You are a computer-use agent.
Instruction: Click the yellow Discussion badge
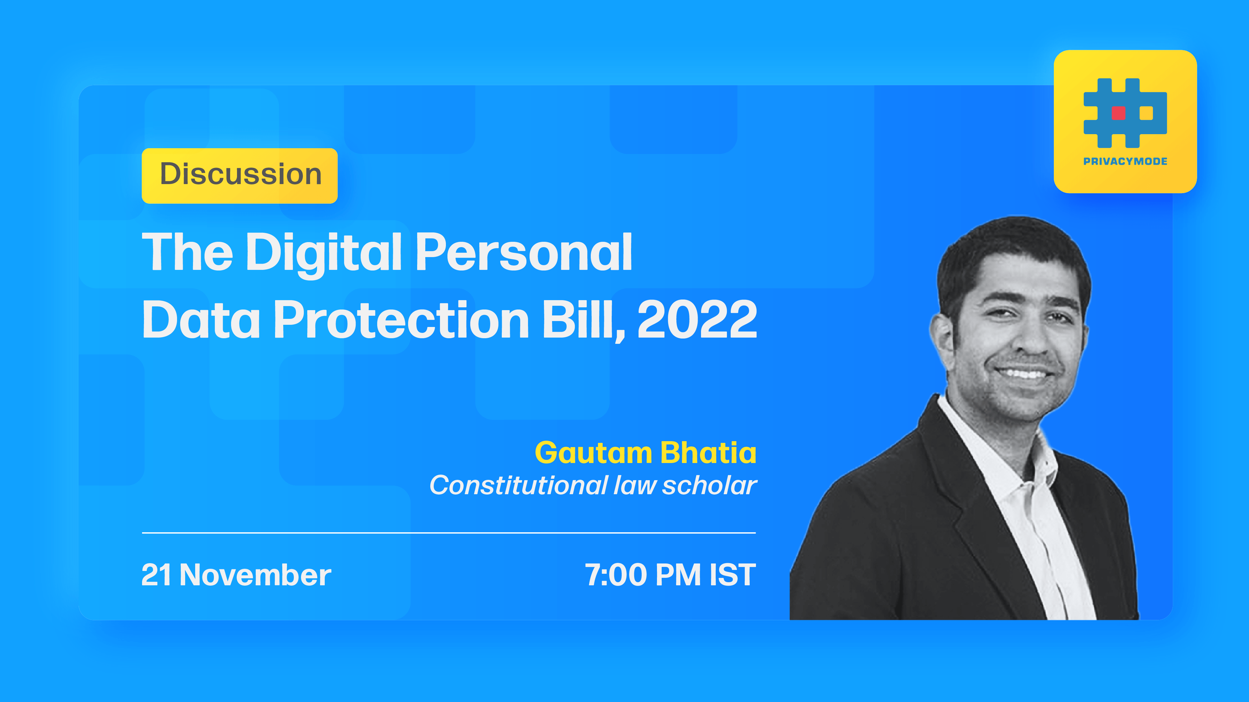tap(239, 175)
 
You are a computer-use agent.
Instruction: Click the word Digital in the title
tap(324, 253)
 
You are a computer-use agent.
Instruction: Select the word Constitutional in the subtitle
tap(519, 485)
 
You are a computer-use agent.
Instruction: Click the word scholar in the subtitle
tap(709, 485)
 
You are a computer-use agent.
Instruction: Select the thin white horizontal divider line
tap(448, 533)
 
